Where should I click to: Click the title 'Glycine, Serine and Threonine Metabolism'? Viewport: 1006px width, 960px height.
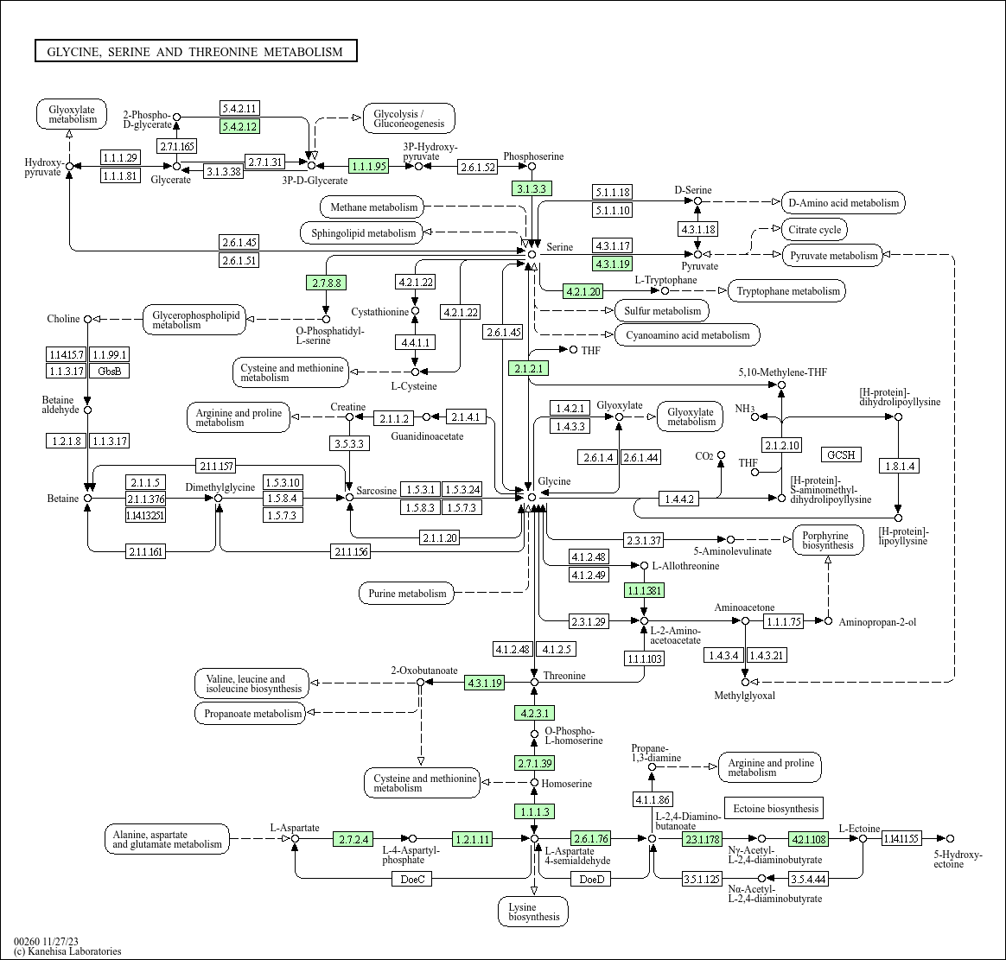coord(195,52)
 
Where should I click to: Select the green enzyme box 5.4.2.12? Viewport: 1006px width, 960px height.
coord(239,126)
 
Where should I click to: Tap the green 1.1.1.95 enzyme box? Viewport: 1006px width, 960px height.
coord(369,165)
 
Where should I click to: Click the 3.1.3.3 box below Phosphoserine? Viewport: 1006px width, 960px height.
coord(532,188)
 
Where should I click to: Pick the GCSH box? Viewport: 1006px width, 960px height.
coord(841,455)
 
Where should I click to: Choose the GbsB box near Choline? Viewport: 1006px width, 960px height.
coord(109,371)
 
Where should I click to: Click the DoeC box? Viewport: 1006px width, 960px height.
coord(411,880)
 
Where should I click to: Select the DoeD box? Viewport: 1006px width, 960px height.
coord(591,880)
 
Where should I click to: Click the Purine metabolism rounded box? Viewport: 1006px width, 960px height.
coord(407,594)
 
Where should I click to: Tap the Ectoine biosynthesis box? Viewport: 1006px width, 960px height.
coord(774,809)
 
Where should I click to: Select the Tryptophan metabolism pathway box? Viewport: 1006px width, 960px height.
coord(787,291)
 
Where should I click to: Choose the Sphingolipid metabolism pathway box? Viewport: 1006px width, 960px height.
coord(363,232)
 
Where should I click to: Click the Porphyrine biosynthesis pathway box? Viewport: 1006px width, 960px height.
coord(827,540)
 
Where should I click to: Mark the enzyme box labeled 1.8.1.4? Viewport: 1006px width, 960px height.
coord(898,467)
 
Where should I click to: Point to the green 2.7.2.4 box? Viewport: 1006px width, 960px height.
coord(353,839)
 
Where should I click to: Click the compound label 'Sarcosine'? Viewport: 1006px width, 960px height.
coord(377,491)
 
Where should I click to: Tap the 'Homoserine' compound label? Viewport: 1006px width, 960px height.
coord(567,784)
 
